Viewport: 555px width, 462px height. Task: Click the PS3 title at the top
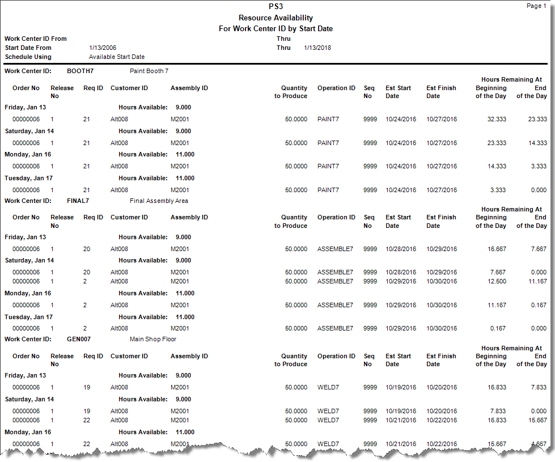tap(276, 7)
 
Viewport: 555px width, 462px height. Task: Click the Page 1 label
tap(536, 6)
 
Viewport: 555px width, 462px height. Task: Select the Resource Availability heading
tap(276, 18)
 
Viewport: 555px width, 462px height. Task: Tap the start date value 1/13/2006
tap(103, 48)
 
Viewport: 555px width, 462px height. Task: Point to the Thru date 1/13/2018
tap(317, 48)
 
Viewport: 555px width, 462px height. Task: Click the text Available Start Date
tap(117, 57)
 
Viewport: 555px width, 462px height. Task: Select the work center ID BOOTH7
tap(80, 71)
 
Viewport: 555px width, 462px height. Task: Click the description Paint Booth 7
tap(149, 71)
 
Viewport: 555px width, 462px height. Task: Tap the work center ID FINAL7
tap(78, 200)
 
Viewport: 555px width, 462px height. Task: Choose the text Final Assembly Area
tap(159, 201)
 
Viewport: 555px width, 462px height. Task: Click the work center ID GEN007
tap(79, 339)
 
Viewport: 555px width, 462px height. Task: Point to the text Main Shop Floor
tap(153, 339)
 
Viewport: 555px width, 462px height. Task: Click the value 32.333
tap(497, 119)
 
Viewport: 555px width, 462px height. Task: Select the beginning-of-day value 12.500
tap(497, 281)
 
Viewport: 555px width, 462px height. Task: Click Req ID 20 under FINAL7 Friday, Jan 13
tap(87, 249)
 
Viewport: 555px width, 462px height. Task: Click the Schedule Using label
tap(28, 57)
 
